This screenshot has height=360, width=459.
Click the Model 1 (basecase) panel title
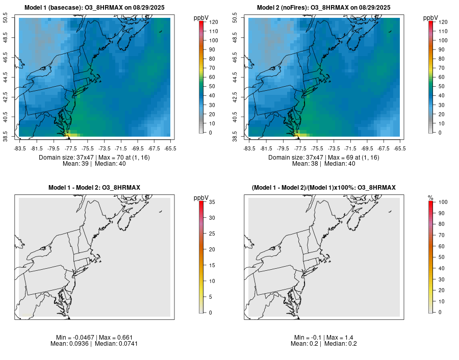(x=94, y=7)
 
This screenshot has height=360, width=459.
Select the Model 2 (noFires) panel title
(x=324, y=7)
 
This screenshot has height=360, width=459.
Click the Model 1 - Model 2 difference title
(x=94, y=188)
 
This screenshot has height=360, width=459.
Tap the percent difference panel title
(x=324, y=188)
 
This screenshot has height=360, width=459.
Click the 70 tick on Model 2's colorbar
(x=442, y=67)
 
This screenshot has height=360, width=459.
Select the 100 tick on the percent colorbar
(x=442, y=202)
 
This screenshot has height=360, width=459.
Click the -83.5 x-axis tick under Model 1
(x=20, y=148)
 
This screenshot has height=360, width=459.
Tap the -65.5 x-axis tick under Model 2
(x=399, y=148)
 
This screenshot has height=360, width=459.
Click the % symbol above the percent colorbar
(x=430, y=198)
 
